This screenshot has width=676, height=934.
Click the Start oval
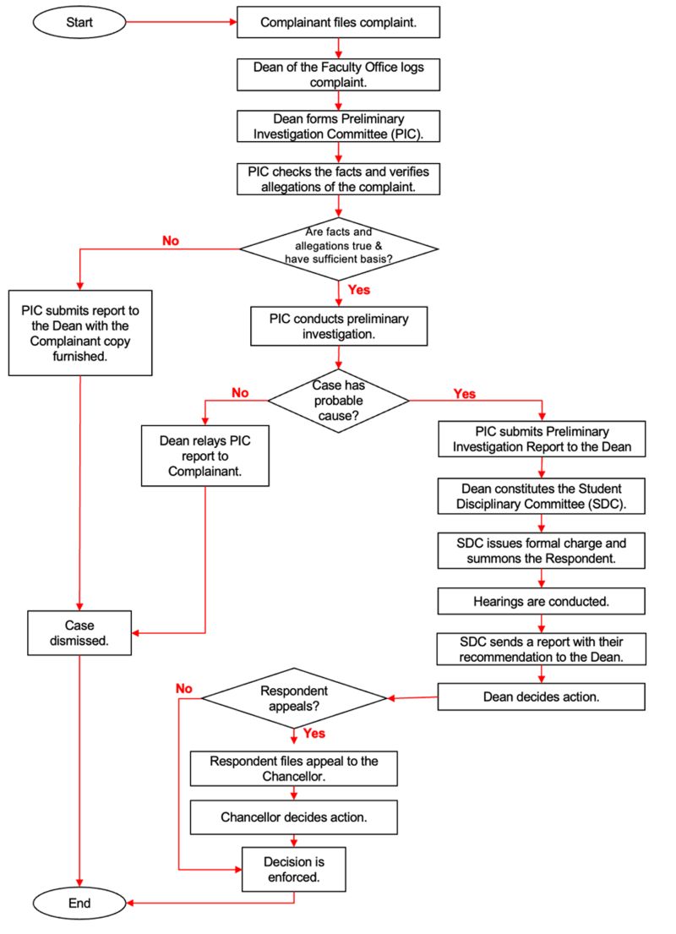tap(81, 23)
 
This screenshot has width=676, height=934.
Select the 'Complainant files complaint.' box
tap(339, 23)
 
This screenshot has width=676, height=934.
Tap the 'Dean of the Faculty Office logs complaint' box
tap(339, 75)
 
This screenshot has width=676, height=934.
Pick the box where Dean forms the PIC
tap(339, 127)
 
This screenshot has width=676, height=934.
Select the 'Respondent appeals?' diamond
tap(293, 698)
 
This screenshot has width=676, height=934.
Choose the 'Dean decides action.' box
tap(541, 696)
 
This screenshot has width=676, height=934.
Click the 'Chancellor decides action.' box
tap(293, 817)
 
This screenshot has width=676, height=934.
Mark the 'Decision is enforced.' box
tap(293, 868)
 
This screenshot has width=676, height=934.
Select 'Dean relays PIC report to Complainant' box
tap(205, 456)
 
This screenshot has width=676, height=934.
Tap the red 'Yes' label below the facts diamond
tap(359, 290)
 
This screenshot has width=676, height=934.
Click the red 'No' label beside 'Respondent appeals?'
tap(184, 688)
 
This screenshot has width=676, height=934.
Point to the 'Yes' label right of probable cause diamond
tap(464, 394)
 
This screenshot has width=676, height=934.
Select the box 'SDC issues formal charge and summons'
tap(541, 549)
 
